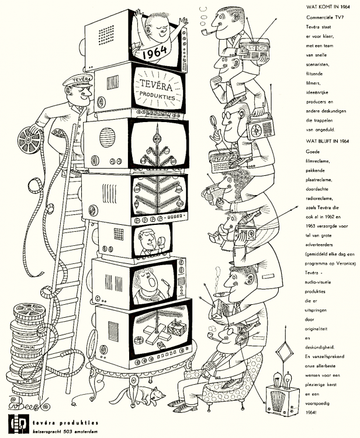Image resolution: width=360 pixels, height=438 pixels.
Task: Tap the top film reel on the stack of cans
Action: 29,310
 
